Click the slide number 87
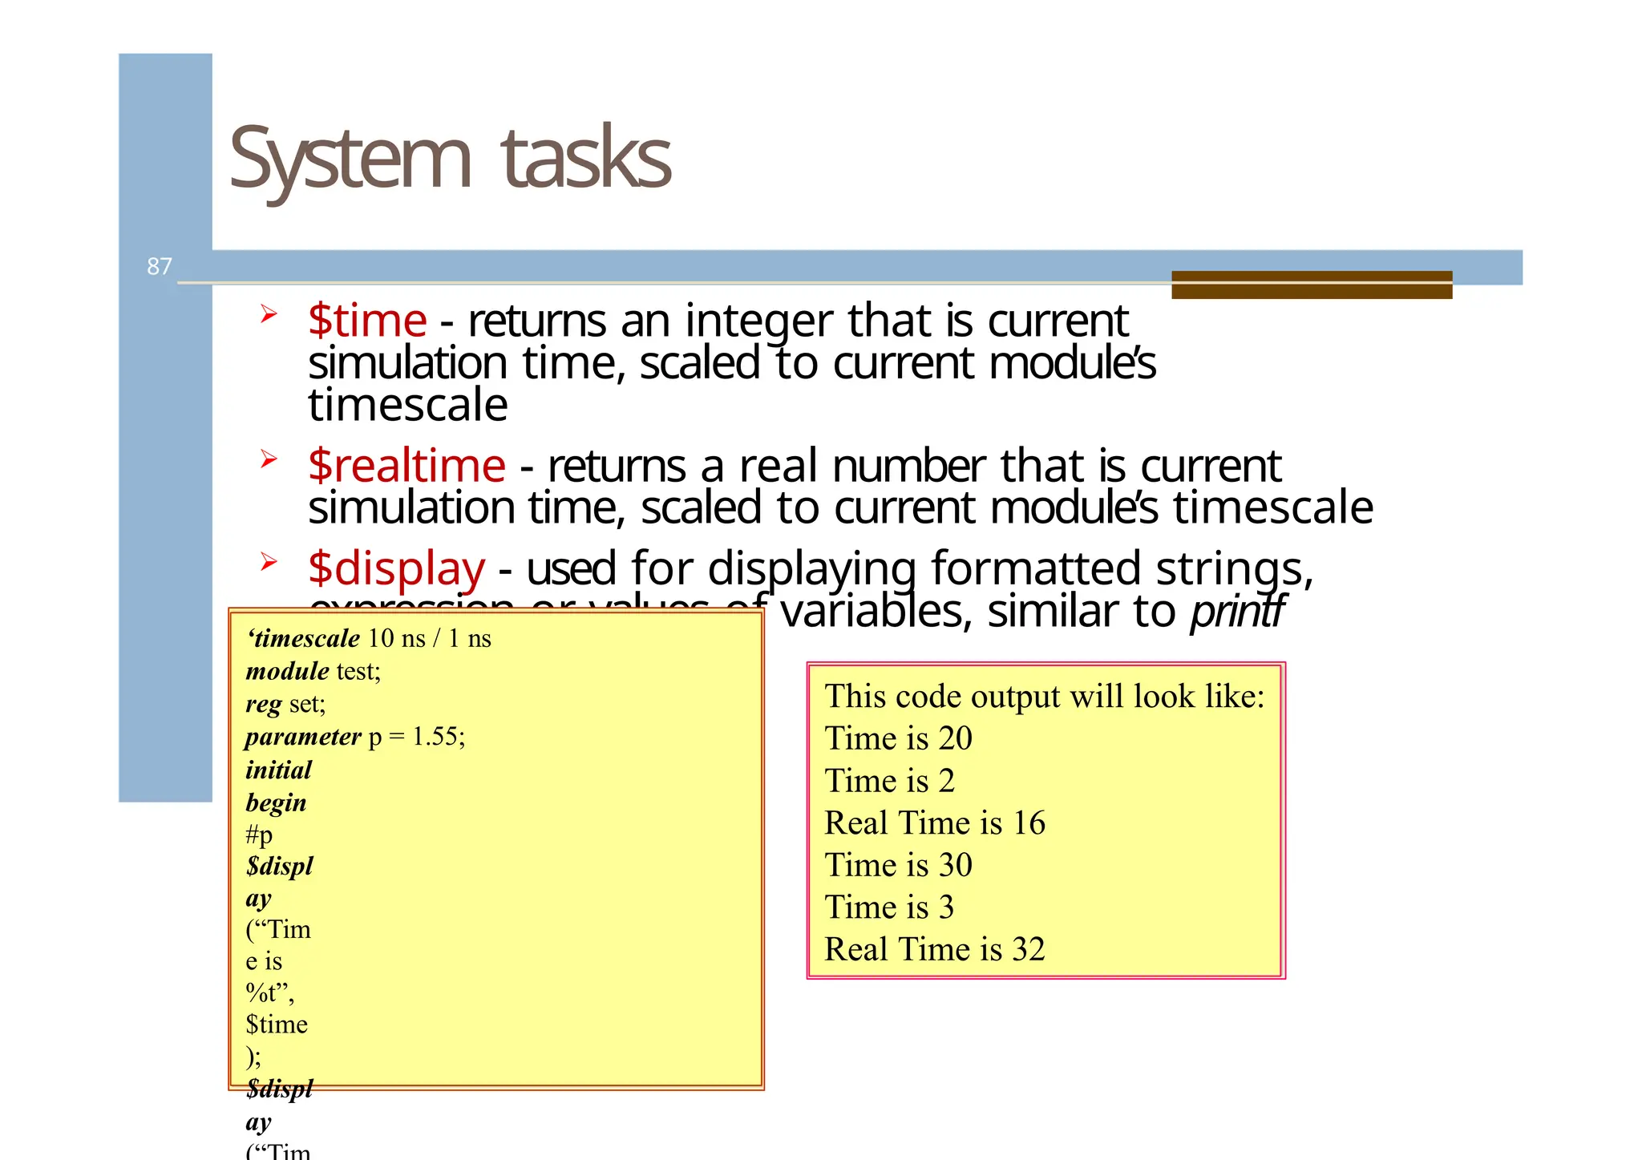[x=159, y=266]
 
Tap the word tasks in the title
[x=585, y=158]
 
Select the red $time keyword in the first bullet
[x=367, y=321]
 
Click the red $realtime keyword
[x=406, y=467]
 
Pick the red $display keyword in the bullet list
[x=396, y=569]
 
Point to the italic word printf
[x=1237, y=612]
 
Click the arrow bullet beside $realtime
[x=268, y=459]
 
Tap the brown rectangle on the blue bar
[x=1311, y=285]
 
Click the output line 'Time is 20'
[x=898, y=738]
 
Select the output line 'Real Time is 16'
[x=935, y=823]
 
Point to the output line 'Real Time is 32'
[x=935, y=950]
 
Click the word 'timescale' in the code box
[x=306, y=639]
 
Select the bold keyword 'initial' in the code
[x=278, y=770]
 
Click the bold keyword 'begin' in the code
[x=276, y=803]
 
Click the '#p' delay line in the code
[x=259, y=835]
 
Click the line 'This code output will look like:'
[x=1044, y=697]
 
